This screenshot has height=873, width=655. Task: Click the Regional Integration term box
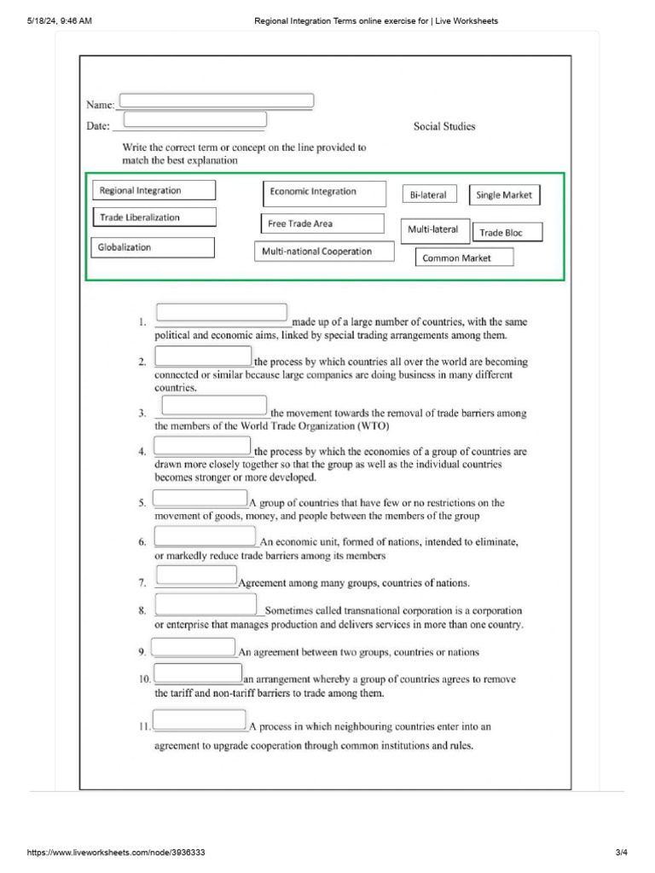coord(154,190)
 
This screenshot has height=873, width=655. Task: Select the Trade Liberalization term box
coord(154,217)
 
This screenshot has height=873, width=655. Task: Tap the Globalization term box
coord(154,247)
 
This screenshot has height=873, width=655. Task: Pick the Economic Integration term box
coord(323,193)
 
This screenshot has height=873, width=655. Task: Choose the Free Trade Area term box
coord(322,224)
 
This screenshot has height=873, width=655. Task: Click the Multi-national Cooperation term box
coord(324,251)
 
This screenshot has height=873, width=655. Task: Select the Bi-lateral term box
coord(430,194)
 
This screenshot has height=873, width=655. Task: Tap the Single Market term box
coord(504,195)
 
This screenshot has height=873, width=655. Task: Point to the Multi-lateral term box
coord(433,229)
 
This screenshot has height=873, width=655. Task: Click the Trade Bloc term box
coord(507,232)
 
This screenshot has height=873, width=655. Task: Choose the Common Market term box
coord(465,257)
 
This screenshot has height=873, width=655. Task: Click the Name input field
coord(217,101)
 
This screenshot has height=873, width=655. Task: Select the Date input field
coord(194,120)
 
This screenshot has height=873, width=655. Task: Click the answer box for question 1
coord(222,312)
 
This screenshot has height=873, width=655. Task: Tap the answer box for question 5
coord(200,498)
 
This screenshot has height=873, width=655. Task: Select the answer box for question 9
coord(194,647)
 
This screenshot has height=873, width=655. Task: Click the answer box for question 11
coord(200,720)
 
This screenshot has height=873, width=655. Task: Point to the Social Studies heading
coord(444,126)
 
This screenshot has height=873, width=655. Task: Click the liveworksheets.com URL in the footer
coord(116,853)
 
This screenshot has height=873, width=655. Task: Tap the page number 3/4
coord(621,853)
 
